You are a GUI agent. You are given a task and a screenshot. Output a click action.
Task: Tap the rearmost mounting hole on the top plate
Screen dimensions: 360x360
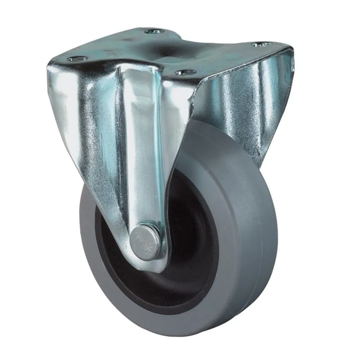152,32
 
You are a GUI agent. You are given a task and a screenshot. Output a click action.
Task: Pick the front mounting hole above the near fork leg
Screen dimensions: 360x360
183,72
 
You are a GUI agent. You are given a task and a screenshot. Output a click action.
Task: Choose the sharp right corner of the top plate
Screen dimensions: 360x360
288,51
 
